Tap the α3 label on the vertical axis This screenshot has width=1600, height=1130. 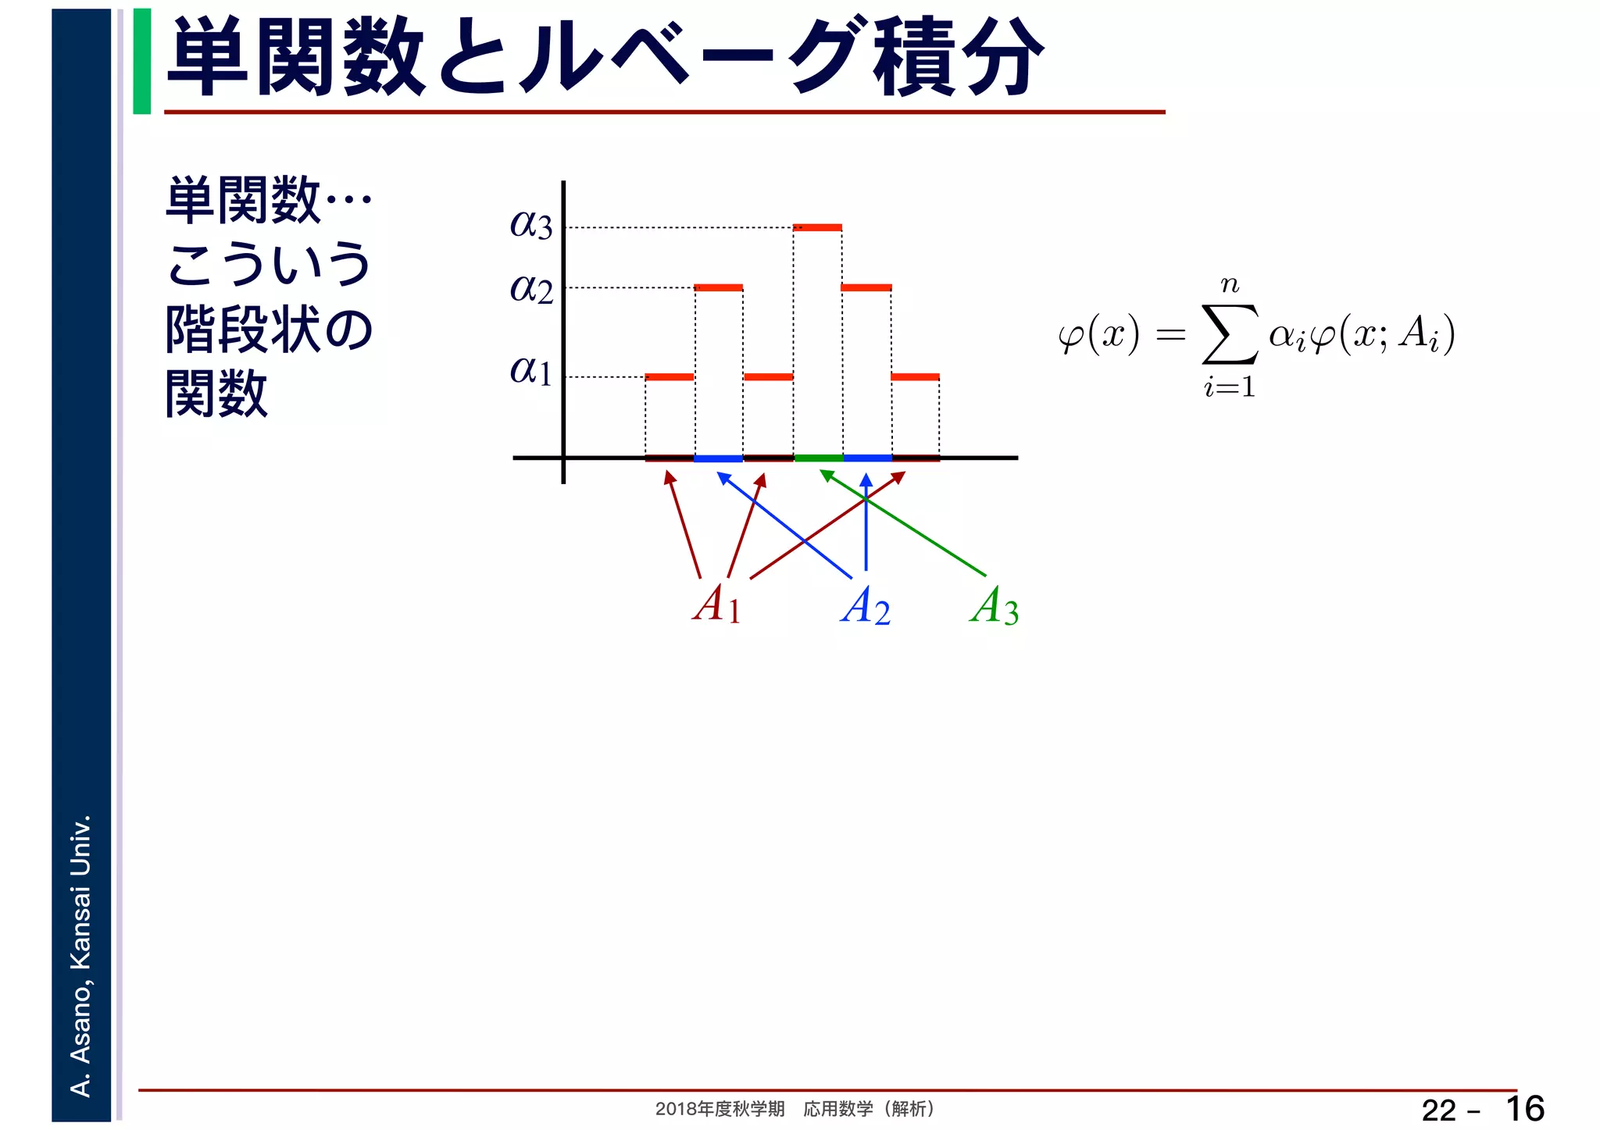point(531,225)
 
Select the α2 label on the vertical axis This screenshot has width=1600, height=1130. point(531,289)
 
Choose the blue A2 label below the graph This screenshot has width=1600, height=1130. point(866,606)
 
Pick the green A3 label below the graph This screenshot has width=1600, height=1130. point(995,606)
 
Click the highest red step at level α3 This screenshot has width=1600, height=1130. point(817,227)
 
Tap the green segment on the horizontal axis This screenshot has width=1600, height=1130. point(818,458)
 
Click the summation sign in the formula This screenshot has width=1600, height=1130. point(1230,335)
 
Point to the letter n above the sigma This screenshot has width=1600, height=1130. point(1230,285)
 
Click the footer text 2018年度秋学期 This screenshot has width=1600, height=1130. point(720,1109)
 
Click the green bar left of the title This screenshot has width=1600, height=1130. point(142,61)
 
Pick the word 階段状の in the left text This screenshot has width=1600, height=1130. point(270,330)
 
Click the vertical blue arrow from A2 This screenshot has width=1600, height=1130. point(866,523)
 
